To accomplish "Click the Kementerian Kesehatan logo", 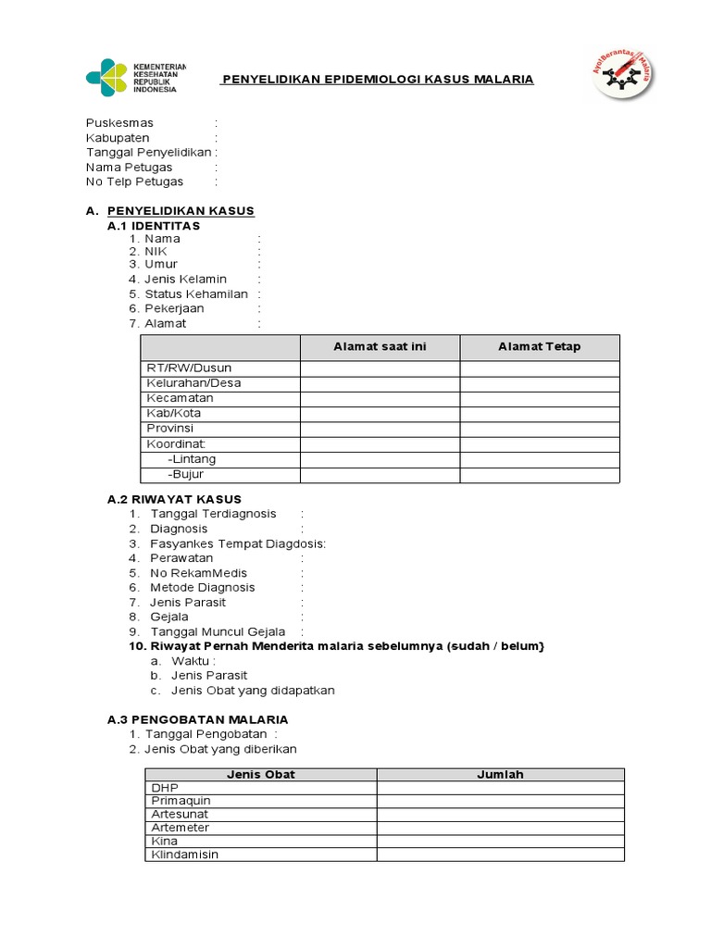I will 135,78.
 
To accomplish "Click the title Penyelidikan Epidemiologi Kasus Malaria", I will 377,80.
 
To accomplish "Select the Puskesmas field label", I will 119,123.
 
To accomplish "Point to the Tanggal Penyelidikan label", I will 148,153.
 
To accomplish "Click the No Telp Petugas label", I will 134,182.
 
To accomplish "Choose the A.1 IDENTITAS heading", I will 154,226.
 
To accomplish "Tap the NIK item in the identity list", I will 156,252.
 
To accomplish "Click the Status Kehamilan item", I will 196,294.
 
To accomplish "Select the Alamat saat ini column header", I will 380,347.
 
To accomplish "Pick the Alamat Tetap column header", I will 540,347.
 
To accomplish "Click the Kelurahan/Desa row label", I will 193,383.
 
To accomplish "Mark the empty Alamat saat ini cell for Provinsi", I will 380,429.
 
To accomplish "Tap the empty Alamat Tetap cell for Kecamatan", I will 540,398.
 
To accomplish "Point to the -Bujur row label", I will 185,475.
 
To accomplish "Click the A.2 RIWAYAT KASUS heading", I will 174,500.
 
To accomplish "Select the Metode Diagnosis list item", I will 203,588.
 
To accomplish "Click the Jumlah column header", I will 500,775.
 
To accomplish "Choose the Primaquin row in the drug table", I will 181,801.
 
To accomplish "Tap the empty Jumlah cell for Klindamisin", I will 500,854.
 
